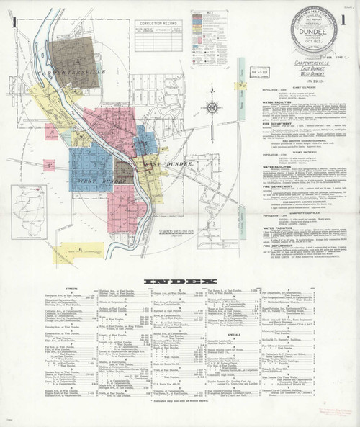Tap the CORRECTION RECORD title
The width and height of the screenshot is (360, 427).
[x=154, y=24]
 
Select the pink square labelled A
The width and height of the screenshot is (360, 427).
[x=51, y=132]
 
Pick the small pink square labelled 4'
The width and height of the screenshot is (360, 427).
[x=48, y=166]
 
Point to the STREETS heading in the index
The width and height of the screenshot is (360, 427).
[x=71, y=290]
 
